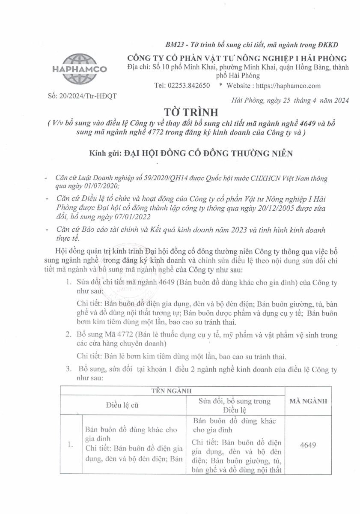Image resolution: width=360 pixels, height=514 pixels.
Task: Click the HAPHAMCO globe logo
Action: click(x=79, y=69)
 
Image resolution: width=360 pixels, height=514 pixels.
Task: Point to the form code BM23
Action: click(x=174, y=45)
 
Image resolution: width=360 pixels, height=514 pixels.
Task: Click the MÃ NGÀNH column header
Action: click(x=308, y=401)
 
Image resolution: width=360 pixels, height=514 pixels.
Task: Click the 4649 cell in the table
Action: click(x=308, y=445)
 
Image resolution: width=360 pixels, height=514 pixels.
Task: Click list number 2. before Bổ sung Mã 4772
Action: click(x=68, y=335)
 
